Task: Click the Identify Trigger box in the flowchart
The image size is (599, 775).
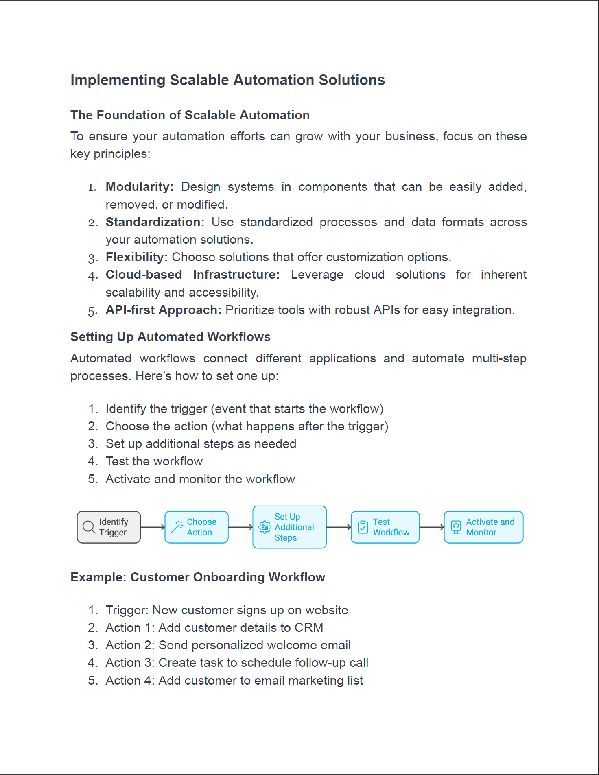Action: pos(109,527)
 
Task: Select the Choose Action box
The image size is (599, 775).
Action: pos(197,527)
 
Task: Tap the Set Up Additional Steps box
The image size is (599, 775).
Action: pos(289,527)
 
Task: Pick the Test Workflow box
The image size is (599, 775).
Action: pos(385,527)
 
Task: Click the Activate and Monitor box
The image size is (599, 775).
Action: pos(483,527)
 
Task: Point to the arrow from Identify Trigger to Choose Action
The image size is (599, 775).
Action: pos(153,527)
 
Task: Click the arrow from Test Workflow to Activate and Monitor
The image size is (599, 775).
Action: pos(432,527)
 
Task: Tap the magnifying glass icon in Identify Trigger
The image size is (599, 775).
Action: pos(89,527)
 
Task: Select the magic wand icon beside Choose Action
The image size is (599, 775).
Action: pos(177,527)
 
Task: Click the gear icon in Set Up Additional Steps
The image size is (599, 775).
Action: pos(265,527)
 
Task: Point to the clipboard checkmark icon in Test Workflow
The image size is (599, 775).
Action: pos(363,527)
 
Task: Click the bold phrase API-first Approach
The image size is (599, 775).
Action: pos(164,310)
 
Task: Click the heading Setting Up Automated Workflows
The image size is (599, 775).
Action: pos(171,337)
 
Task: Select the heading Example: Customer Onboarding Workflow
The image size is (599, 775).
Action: pos(198,577)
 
